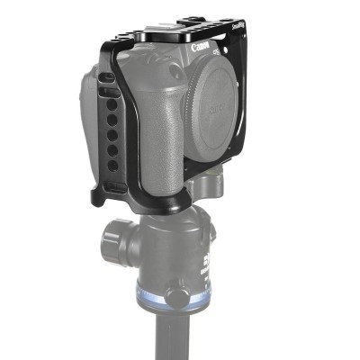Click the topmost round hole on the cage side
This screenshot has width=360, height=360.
(112, 103)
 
